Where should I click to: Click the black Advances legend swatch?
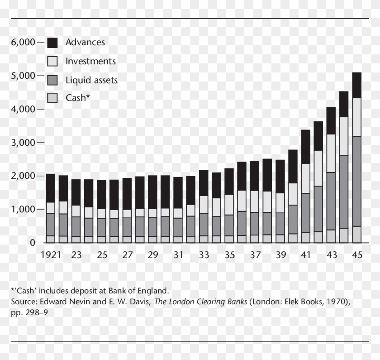52,43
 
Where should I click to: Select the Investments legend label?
90,61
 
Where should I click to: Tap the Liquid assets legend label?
91,81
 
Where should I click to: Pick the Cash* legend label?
78,97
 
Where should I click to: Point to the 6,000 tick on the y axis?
23,42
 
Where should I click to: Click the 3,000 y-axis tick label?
23,143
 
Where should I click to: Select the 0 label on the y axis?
32,243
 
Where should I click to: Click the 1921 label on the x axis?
51,255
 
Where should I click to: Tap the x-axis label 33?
204,255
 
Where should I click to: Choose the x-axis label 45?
357,255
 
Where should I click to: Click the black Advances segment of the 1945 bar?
357,85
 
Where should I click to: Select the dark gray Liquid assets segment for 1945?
357,181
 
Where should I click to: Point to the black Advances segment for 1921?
51,188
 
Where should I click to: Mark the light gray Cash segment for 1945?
357,234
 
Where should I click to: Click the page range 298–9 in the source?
37,312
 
